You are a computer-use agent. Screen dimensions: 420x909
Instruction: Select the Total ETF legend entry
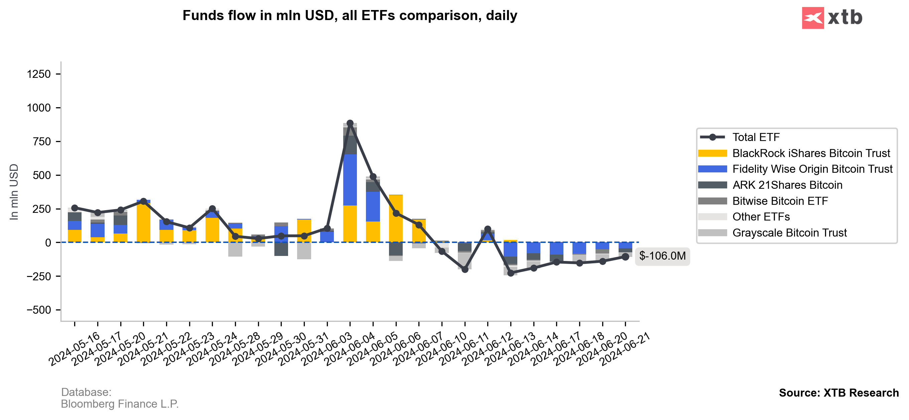(756, 137)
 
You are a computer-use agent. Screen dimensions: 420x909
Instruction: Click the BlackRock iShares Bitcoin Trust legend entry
(810, 153)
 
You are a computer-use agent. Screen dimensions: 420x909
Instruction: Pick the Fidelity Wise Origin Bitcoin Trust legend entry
(812, 169)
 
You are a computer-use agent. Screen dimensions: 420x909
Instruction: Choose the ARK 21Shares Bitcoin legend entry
(787, 185)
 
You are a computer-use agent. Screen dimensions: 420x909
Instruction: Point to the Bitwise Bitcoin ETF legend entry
(780, 201)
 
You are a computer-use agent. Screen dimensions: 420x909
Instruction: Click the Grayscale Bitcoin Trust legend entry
(789, 233)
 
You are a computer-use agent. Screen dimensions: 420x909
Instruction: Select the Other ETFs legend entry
(761, 217)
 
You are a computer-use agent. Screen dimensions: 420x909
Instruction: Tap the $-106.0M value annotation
(662, 256)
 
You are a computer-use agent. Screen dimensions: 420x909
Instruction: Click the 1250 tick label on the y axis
(39, 74)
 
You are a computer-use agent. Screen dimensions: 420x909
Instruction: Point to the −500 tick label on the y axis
(39, 310)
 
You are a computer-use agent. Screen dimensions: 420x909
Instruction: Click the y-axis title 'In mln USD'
(14, 192)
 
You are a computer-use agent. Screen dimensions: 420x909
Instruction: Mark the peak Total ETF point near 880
(350, 123)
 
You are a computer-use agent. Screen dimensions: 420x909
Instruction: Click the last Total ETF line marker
(625, 257)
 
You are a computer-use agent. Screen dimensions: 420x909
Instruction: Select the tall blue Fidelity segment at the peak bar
(350, 180)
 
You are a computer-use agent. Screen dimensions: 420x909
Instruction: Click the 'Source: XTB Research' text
(838, 393)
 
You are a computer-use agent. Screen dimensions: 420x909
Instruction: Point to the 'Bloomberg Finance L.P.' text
(120, 404)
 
